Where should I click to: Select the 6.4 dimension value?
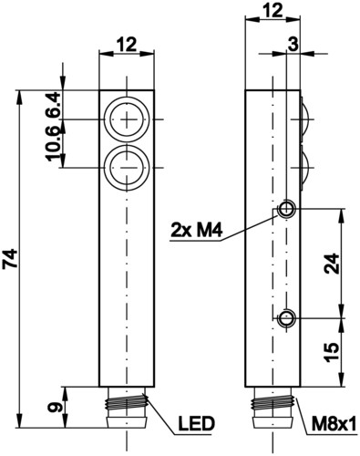[53, 105]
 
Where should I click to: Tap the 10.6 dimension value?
[53, 143]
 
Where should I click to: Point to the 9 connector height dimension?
[54, 408]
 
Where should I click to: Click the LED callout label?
[196, 424]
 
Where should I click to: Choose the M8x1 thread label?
[334, 424]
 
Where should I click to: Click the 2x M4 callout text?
[197, 231]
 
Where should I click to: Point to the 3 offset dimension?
[293, 45]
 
